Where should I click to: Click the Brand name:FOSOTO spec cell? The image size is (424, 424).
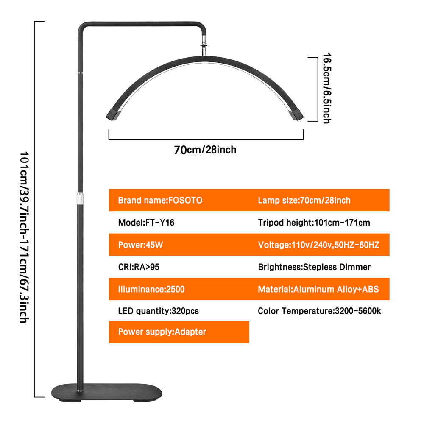coord(160,200)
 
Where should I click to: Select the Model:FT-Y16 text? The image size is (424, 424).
coord(146,223)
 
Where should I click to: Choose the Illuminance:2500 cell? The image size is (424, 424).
coord(151,289)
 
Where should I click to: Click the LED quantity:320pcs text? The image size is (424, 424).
coord(158,311)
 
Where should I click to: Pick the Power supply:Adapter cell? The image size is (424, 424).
coord(162,332)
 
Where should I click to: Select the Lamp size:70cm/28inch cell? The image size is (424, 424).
coord(304,200)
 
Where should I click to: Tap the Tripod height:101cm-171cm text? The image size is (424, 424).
coord(314,223)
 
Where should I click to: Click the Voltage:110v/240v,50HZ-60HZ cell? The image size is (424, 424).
coord(318,245)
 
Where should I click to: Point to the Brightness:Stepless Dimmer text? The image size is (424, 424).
coord(314,267)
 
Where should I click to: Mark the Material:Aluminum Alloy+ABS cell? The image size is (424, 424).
coord(318,289)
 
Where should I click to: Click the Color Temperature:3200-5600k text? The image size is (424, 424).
coord(319,311)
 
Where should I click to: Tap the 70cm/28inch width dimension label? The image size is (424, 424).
coord(205,150)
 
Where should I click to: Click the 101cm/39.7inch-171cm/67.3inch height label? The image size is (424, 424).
coord(24,237)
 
